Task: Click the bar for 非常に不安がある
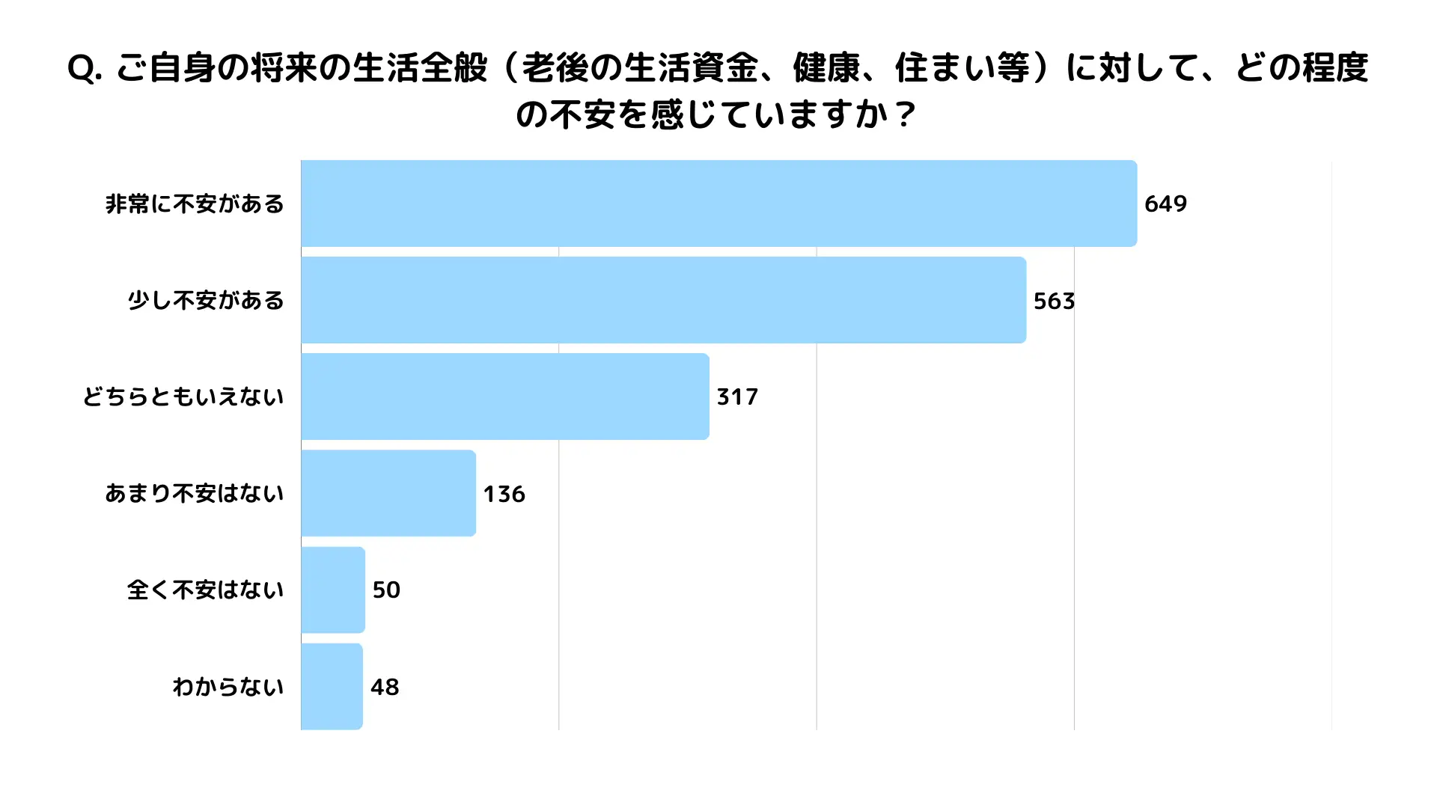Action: pyautogui.click(x=718, y=203)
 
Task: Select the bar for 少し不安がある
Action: pyautogui.click(x=663, y=300)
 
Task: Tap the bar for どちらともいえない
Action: pyautogui.click(x=504, y=397)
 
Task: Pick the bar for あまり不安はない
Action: pyautogui.click(x=388, y=493)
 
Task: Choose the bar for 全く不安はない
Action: pyautogui.click(x=333, y=590)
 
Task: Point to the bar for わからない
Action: pyautogui.click(x=332, y=686)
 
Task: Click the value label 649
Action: pyautogui.click(x=1165, y=203)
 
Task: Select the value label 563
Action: pyautogui.click(x=1054, y=301)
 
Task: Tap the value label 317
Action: pyautogui.click(x=737, y=397)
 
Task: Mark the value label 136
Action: pyautogui.click(x=504, y=494)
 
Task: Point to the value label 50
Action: pyautogui.click(x=386, y=590)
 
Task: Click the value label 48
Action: pyautogui.click(x=385, y=687)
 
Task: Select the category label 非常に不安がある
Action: pyautogui.click(x=195, y=203)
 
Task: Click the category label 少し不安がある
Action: pyautogui.click(x=206, y=300)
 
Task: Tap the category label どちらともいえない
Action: pyautogui.click(x=183, y=397)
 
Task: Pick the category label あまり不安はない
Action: pyautogui.click(x=195, y=493)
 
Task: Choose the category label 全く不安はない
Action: pyautogui.click(x=206, y=590)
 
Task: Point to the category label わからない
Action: pyautogui.click(x=228, y=686)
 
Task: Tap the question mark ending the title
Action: pyautogui.click(x=905, y=115)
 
